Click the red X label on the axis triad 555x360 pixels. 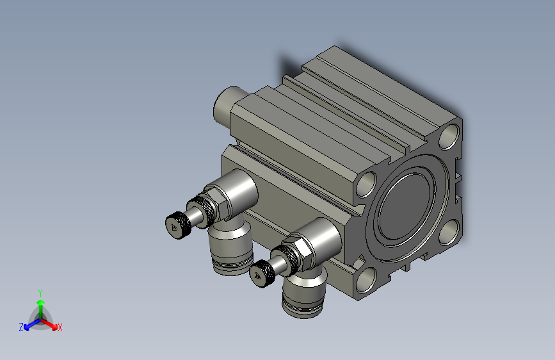pos(60,328)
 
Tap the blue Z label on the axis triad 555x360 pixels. pos(21,327)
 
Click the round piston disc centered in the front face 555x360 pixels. pos(407,209)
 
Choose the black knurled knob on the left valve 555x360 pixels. pos(177,225)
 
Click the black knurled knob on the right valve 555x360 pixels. pos(262,273)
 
